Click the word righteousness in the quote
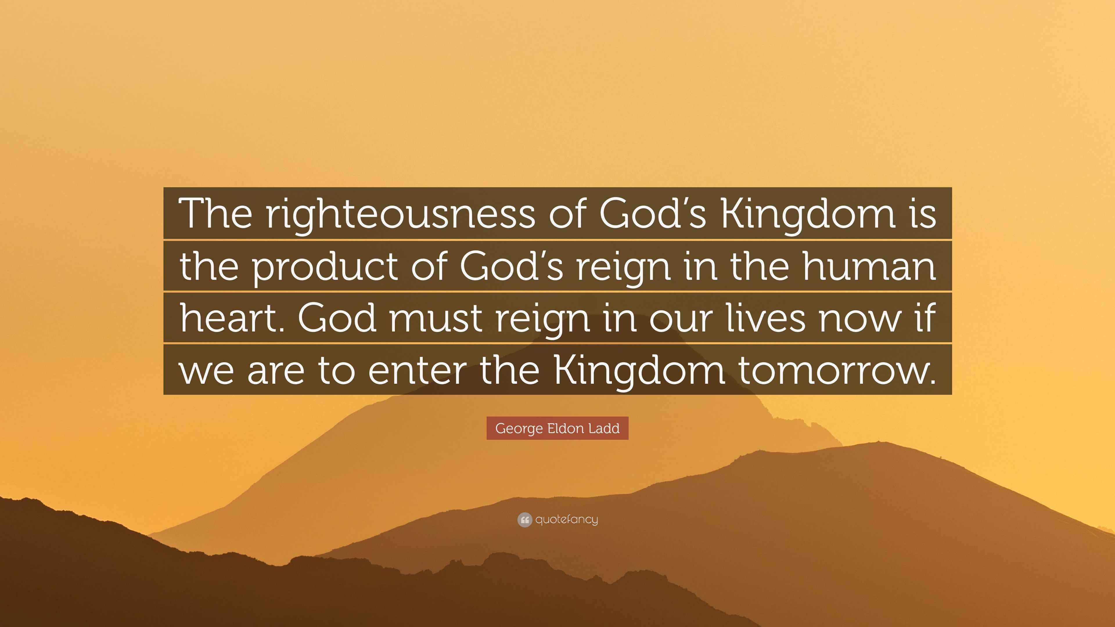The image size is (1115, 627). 400,214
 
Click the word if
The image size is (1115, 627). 926,317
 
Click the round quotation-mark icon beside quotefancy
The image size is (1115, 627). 524,520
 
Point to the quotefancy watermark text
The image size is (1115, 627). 567,520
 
